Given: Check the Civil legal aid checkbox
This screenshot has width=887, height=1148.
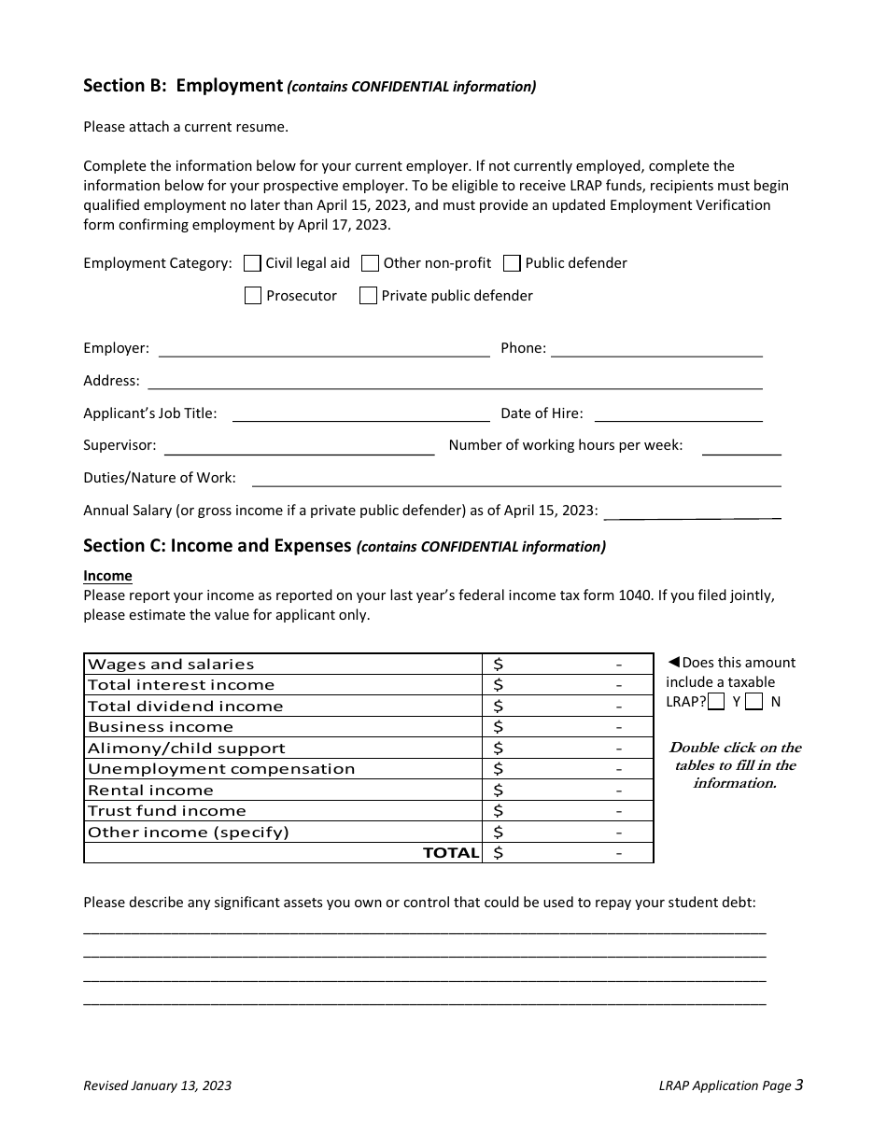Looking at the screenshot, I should click(x=252, y=263).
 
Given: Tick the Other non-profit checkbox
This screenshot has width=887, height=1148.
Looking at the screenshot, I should click(x=370, y=263).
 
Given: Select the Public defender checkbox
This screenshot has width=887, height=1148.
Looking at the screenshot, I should click(x=512, y=263).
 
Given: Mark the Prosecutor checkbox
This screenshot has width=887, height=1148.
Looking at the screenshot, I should click(x=252, y=296).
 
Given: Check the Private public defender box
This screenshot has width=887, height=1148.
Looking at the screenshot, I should click(x=368, y=296).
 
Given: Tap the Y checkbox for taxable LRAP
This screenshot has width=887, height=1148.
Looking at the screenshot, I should click(x=716, y=702).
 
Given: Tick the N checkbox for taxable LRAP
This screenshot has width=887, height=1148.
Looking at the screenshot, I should click(x=754, y=702).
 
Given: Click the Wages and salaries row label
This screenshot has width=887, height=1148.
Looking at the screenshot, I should click(x=171, y=665).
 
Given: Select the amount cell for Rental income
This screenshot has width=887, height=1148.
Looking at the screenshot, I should click(x=567, y=791).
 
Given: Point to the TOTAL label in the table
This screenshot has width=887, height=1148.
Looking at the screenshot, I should click(x=451, y=853).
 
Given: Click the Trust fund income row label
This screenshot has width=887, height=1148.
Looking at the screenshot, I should click(x=167, y=811).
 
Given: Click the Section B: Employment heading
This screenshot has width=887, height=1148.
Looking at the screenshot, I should click(x=183, y=86).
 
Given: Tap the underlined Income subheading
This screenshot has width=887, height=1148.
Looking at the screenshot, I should click(x=107, y=576).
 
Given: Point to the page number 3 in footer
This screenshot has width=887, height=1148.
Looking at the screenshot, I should click(x=799, y=1085).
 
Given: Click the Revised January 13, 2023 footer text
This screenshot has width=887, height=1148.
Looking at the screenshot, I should click(x=158, y=1085).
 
